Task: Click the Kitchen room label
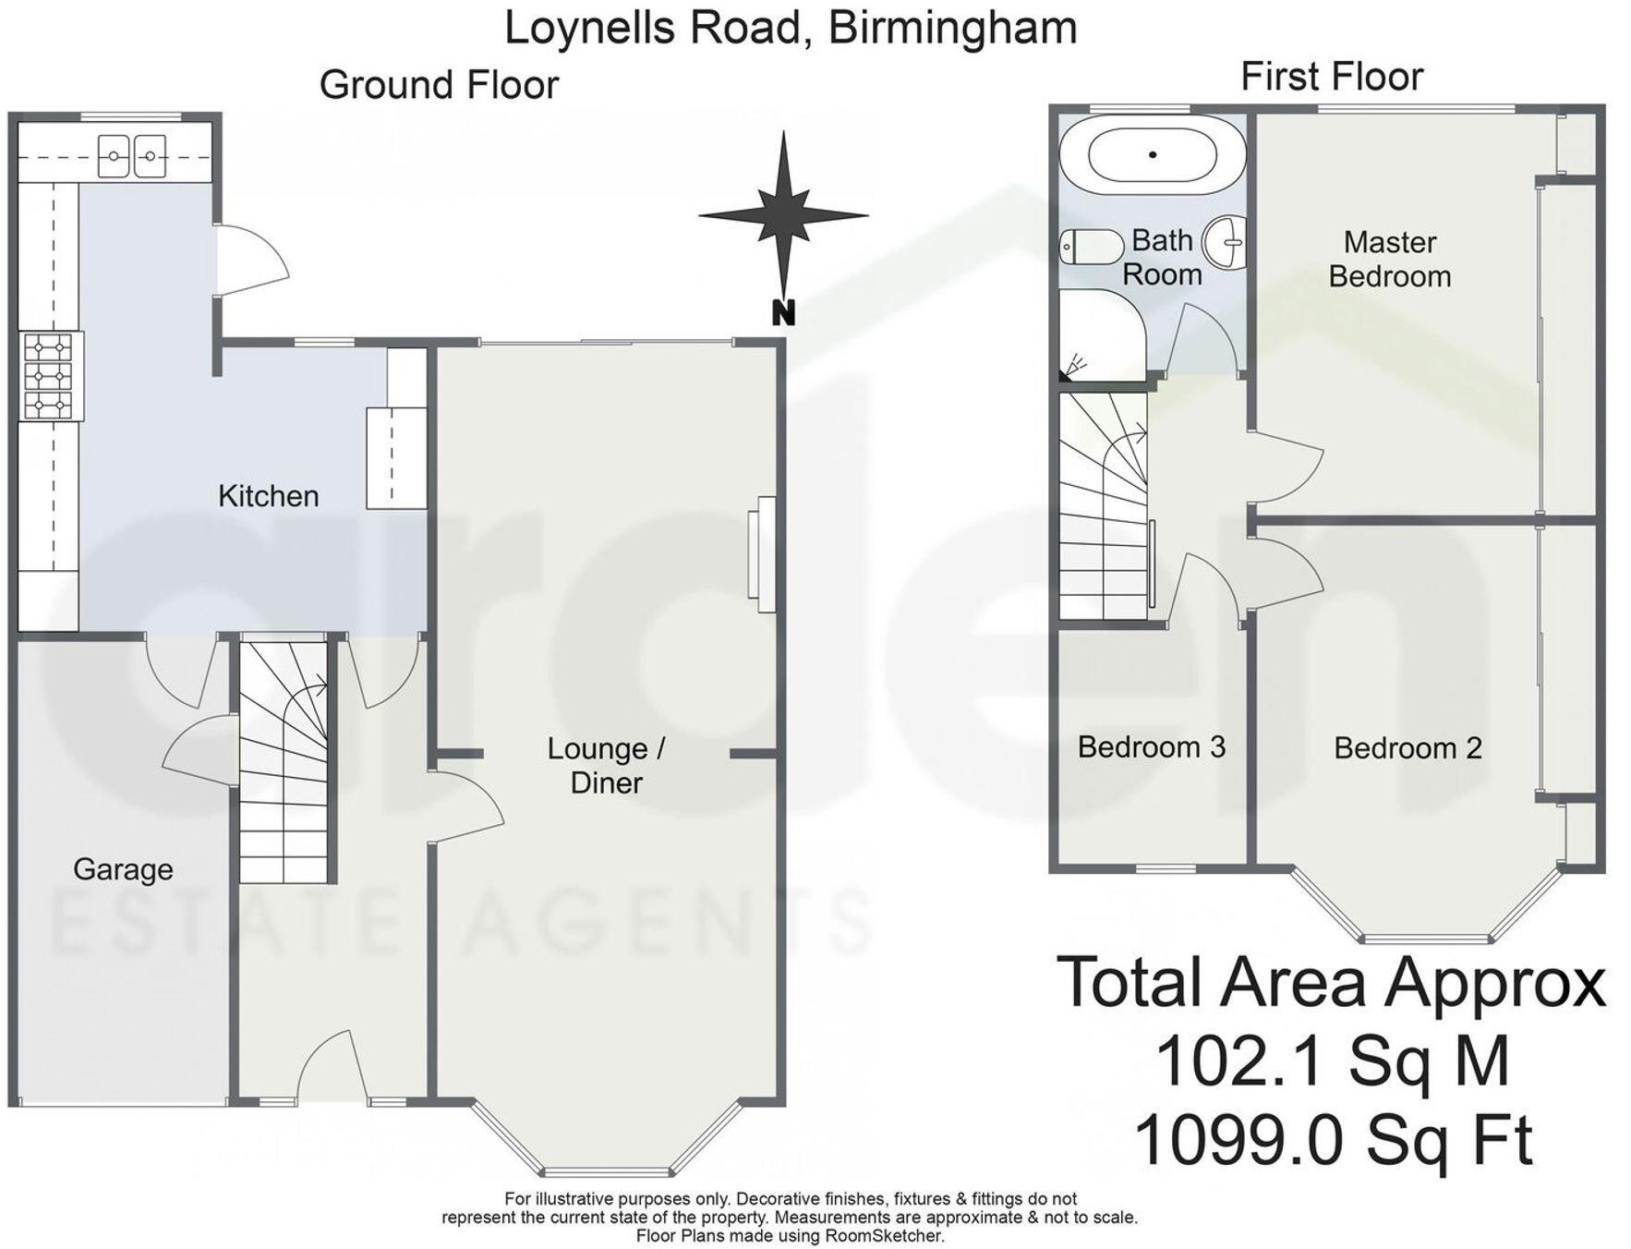(x=268, y=496)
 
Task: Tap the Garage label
(x=123, y=869)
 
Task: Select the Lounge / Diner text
(x=606, y=766)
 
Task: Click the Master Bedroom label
(x=1389, y=260)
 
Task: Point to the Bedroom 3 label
(x=1151, y=746)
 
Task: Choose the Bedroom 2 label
(x=1407, y=747)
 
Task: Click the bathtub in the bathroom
(x=1152, y=155)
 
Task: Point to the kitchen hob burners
(x=48, y=376)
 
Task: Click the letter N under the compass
(x=782, y=314)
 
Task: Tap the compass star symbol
(x=783, y=216)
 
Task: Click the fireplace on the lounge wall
(x=765, y=554)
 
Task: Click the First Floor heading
(x=1331, y=77)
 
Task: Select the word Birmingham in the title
(x=952, y=27)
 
